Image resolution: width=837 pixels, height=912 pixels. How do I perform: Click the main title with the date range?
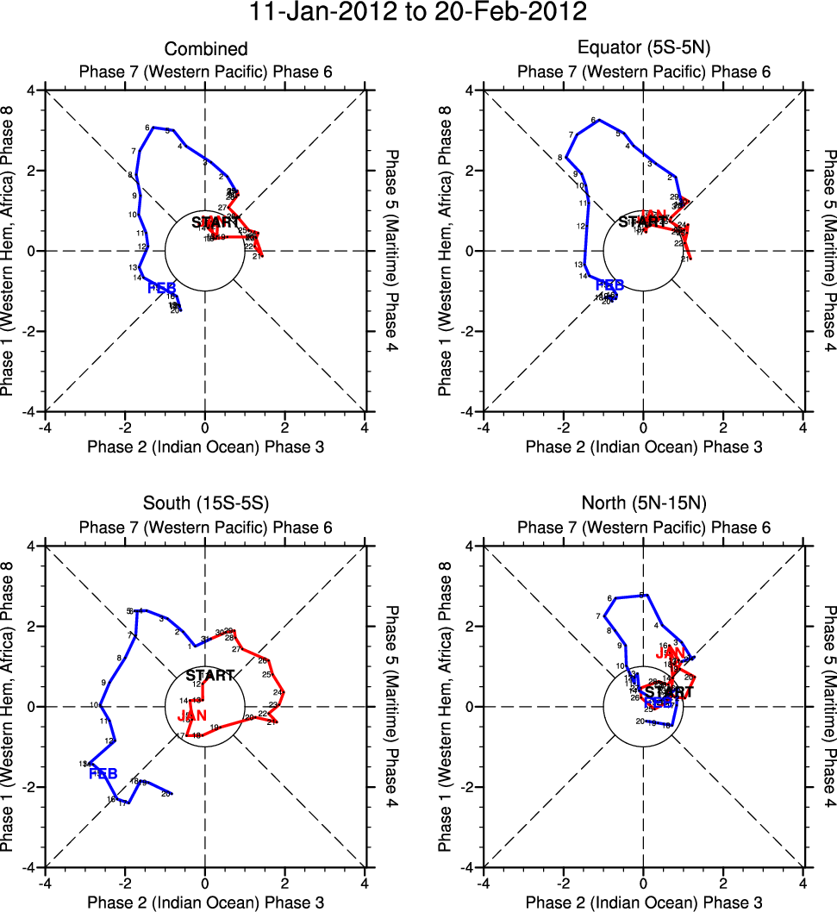point(418,13)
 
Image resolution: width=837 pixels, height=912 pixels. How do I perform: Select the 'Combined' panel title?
point(205,50)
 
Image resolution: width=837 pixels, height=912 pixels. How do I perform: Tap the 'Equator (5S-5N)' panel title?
point(643,50)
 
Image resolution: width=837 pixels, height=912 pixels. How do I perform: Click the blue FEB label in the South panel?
point(103,772)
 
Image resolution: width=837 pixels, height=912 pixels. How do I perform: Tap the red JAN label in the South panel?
point(192,715)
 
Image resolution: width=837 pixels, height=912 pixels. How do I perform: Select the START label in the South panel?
point(209,676)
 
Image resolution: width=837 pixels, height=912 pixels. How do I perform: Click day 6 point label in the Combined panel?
point(147,128)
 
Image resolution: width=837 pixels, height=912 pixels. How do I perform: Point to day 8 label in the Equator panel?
point(560,158)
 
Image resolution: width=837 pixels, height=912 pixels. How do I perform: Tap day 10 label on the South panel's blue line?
point(94,706)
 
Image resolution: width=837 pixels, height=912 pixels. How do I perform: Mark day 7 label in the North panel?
point(598,616)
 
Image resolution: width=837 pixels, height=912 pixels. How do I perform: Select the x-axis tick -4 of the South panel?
point(46,883)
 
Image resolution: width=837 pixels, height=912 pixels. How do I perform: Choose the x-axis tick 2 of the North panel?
point(722,883)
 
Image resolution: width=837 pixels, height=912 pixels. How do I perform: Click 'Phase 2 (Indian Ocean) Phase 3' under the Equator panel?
point(643,447)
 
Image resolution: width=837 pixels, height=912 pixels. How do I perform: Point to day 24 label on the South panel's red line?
point(278,692)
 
